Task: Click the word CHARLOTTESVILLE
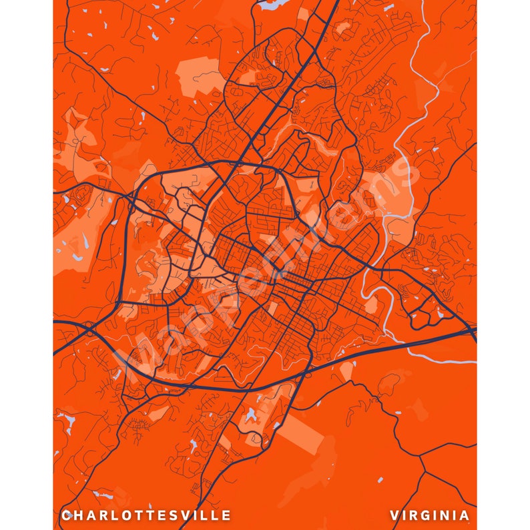coord(146,515)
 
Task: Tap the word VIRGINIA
coord(430,515)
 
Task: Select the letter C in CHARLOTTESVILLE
coord(65,515)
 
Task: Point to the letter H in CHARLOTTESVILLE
coord(78,515)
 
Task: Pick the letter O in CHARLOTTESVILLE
coord(129,515)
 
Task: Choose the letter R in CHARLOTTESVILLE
coord(103,515)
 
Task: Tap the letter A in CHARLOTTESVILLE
coord(91,515)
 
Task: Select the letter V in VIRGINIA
coord(395,515)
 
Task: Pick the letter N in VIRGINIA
coord(449,515)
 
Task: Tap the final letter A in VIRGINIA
coord(465,515)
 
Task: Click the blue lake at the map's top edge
coord(272,5)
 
